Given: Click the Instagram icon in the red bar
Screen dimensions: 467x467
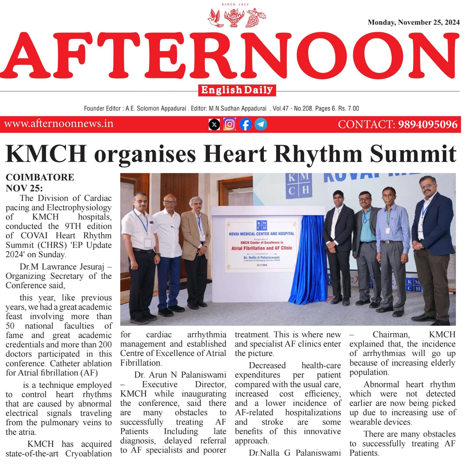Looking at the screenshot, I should (230, 124).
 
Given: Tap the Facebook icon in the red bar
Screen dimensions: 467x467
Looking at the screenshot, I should (245, 124).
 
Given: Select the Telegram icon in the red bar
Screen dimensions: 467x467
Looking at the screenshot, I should (261, 124).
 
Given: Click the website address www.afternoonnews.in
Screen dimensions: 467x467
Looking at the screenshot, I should (59, 124).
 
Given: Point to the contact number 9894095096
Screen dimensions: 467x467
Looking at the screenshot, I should (428, 124).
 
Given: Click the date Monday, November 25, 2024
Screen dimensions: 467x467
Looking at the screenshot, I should (413, 23).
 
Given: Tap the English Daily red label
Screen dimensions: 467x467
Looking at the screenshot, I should (237, 90).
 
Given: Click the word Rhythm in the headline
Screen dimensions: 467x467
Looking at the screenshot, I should (318, 154).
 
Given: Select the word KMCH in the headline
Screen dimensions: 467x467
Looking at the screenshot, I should (46, 154).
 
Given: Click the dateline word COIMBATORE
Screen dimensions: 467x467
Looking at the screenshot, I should (40, 177).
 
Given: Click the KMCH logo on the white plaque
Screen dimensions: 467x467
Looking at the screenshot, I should (262, 225).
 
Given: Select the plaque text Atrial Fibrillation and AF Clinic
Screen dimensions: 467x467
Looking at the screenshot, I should (262, 248).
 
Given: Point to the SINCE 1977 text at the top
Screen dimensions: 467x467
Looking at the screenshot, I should (235, 4).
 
